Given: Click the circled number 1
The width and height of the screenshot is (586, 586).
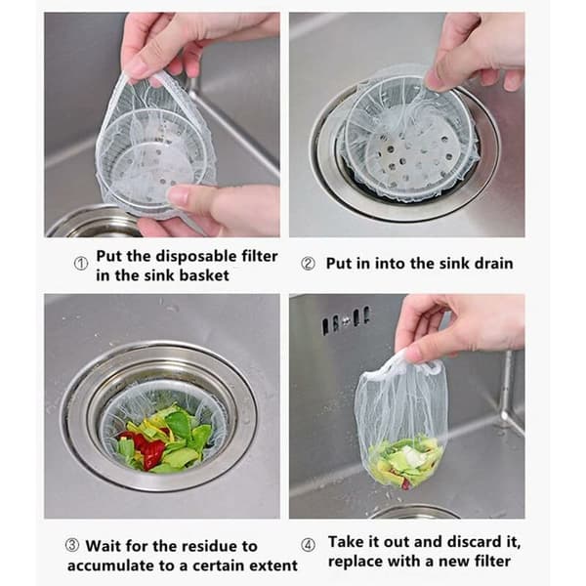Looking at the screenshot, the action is (81, 264).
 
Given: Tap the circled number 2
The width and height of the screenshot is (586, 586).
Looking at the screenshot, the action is (308, 264).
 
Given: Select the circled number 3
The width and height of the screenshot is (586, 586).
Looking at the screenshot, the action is (72, 545).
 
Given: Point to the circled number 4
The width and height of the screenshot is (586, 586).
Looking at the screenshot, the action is (308, 545).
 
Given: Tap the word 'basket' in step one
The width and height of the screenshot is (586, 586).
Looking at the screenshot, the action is (204, 275).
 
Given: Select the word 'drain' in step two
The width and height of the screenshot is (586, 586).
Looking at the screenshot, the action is (493, 264).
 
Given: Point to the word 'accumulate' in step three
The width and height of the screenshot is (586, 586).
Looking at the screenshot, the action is (110, 565).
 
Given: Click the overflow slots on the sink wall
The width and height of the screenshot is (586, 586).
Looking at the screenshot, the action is (346, 320).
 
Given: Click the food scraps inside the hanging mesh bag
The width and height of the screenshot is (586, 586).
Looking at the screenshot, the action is (405, 461).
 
